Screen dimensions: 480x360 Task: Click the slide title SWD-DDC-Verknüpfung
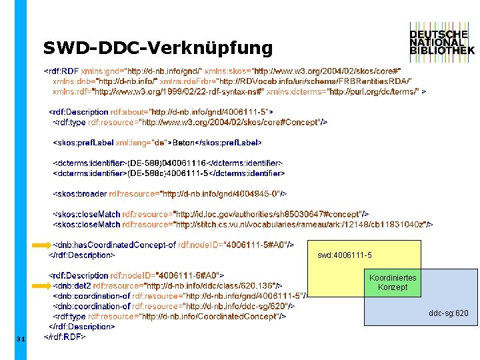click(158, 48)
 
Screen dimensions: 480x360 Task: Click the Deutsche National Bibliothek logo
click(442, 41)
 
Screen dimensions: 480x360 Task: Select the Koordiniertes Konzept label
click(392, 282)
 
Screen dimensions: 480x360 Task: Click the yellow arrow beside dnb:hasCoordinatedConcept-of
click(41, 245)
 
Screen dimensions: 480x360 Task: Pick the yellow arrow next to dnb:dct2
click(41, 285)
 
